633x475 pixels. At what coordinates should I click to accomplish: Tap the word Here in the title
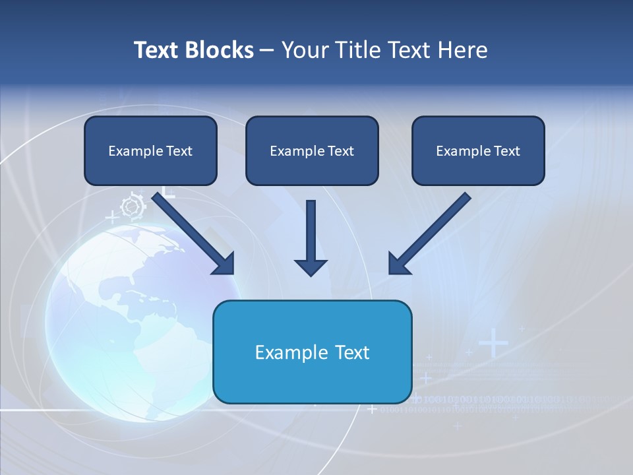(462, 50)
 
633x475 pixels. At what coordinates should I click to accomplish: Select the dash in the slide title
(267, 51)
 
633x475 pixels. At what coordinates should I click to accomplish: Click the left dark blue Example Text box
(150, 151)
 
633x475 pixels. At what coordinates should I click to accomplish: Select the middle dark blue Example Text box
(312, 151)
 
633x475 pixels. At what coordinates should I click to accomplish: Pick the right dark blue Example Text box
(478, 151)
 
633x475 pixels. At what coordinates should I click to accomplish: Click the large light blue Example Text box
(312, 352)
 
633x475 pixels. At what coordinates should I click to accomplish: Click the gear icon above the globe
(133, 206)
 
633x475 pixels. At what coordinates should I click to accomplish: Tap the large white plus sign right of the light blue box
(493, 344)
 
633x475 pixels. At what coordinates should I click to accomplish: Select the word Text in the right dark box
(506, 151)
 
